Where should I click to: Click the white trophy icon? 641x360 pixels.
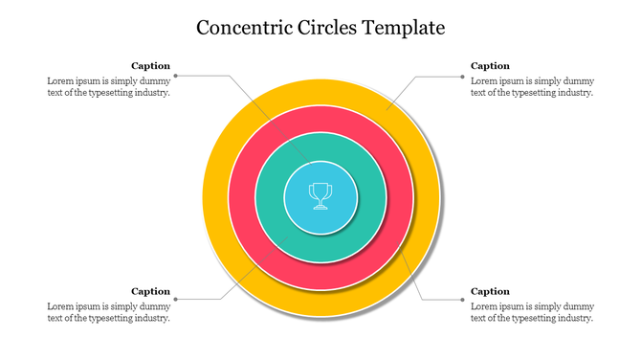click(320, 195)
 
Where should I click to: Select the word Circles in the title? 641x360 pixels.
click(326, 27)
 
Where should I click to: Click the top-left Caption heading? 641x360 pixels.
click(150, 66)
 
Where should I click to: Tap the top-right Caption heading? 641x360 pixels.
click(490, 66)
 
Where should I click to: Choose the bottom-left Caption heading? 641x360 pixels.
click(150, 291)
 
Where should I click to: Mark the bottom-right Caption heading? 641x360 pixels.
click(490, 291)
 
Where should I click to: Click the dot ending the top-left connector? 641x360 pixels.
click(176, 75)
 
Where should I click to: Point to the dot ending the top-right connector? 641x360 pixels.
click(464, 75)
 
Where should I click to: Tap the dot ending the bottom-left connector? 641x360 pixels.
click(176, 300)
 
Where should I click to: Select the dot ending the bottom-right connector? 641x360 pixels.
click(464, 300)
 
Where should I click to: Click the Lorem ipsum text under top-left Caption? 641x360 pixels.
click(108, 87)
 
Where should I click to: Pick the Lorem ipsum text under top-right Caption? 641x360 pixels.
click(532, 87)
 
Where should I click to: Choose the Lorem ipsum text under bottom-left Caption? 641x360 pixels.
click(108, 312)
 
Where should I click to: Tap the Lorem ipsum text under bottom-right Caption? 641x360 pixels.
click(532, 312)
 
